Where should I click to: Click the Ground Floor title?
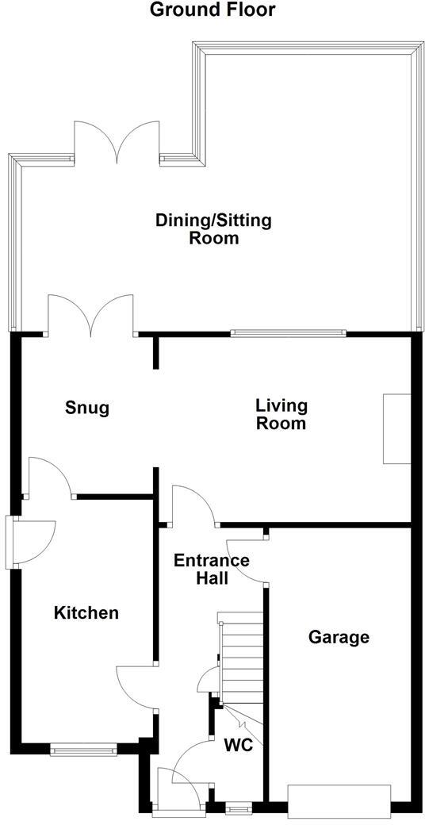point(212,10)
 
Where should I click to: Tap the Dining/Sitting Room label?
point(213,228)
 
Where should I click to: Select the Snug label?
point(86,409)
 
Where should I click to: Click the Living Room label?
point(281,414)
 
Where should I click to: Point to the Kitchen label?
point(86,612)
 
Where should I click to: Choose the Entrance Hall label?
point(212,569)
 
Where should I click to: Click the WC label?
point(239,745)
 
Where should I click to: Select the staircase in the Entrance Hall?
point(241,658)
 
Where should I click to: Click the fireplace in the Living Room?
point(396,428)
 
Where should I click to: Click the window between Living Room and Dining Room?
point(289,333)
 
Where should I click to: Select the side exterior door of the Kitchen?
point(32,542)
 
